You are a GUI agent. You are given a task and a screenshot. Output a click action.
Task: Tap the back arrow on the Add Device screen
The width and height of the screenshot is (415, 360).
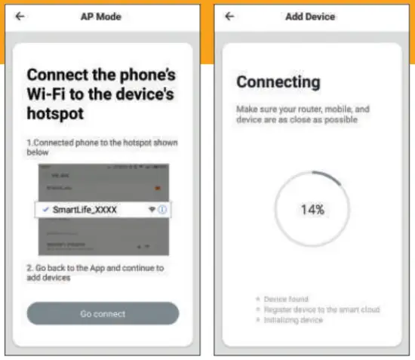pos(230,17)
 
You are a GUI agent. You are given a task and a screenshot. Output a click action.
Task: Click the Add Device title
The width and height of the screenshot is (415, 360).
pos(310,17)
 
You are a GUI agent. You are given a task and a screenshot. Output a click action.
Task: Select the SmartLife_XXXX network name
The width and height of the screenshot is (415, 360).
pos(85,210)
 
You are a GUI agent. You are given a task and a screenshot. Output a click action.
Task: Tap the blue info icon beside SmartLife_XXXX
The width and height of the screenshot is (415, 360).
pos(162,210)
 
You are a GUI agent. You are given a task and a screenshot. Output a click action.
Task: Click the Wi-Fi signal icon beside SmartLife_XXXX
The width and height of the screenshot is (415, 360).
pos(151,210)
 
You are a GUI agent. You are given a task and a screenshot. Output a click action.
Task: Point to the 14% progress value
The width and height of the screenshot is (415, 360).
pos(312,210)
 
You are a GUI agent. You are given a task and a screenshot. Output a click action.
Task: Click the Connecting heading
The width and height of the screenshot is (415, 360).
pos(278,82)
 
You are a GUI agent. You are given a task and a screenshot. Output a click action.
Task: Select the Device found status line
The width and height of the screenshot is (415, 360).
pos(286,299)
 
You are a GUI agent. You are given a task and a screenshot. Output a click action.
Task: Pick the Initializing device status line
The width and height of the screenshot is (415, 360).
pos(294,320)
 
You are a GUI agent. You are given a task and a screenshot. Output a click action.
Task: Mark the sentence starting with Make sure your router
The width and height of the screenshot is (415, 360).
pos(303,114)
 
